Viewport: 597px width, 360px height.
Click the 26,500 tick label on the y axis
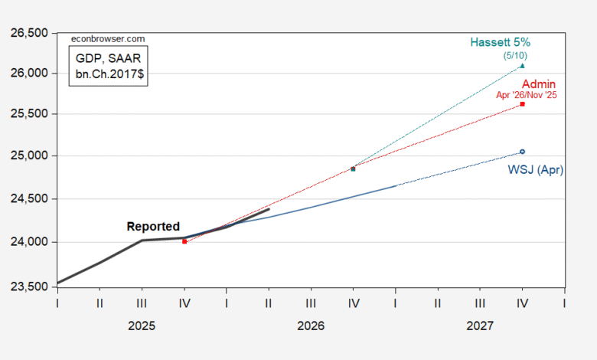29,33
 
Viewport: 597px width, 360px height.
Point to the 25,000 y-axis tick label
29,155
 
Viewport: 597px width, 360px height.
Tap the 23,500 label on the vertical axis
29,287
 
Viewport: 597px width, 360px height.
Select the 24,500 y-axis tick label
29,199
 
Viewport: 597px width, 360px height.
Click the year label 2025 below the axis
142,326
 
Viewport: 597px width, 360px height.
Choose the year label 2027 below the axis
480,326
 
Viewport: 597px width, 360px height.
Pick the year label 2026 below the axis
311,326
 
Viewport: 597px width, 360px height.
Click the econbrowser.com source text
108,39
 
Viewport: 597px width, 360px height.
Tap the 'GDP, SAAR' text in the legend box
108,58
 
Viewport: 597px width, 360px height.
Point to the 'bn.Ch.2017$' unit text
109,74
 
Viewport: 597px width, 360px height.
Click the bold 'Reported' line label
153,226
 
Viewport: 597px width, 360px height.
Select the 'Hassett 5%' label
501,42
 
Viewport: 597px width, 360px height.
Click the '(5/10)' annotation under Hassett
515,56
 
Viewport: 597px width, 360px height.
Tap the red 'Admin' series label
539,83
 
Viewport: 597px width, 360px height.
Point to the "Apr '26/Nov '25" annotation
526,95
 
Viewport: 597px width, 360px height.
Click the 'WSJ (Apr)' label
535,169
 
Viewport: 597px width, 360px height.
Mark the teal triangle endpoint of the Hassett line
522,66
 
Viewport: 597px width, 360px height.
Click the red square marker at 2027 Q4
522,104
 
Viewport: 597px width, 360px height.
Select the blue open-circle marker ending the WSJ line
522,152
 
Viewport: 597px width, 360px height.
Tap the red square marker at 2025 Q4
184,241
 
